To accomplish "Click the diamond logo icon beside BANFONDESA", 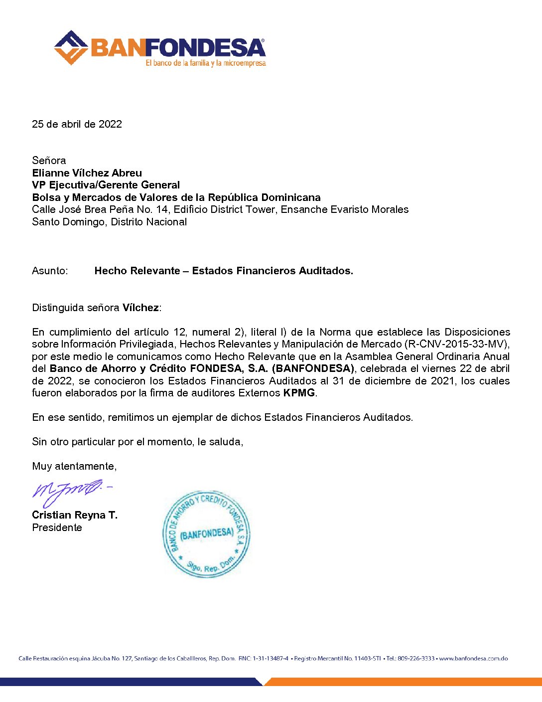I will (x=71, y=48).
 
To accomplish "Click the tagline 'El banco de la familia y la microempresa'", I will (x=205, y=63).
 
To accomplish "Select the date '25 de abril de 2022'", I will (x=77, y=124).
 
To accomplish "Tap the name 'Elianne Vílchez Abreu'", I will (x=87, y=173).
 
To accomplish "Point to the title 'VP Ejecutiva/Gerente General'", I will (x=106, y=185).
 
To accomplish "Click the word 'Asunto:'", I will (x=50, y=271).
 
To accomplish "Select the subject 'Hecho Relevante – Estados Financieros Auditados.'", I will (x=224, y=271).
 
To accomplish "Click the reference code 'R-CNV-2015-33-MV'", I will (x=456, y=344).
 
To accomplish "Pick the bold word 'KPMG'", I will (x=299, y=393).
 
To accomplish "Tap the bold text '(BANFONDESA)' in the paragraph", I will (x=313, y=368).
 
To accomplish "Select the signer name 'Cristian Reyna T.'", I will (x=75, y=515).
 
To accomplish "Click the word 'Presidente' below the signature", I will (x=57, y=527).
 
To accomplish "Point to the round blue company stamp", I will (x=206, y=533).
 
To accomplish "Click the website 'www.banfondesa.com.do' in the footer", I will (x=473, y=659).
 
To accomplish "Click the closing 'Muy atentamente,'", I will (x=74, y=466).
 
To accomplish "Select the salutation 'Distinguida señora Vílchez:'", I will (x=97, y=308).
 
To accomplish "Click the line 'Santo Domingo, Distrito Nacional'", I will (x=109, y=222).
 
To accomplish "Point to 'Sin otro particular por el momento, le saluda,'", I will (x=137, y=442).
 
